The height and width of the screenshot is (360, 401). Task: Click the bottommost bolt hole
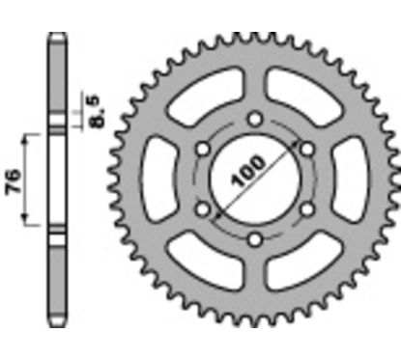254,238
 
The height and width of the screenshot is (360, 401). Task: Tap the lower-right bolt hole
306,208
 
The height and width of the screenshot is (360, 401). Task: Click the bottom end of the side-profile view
57,318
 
